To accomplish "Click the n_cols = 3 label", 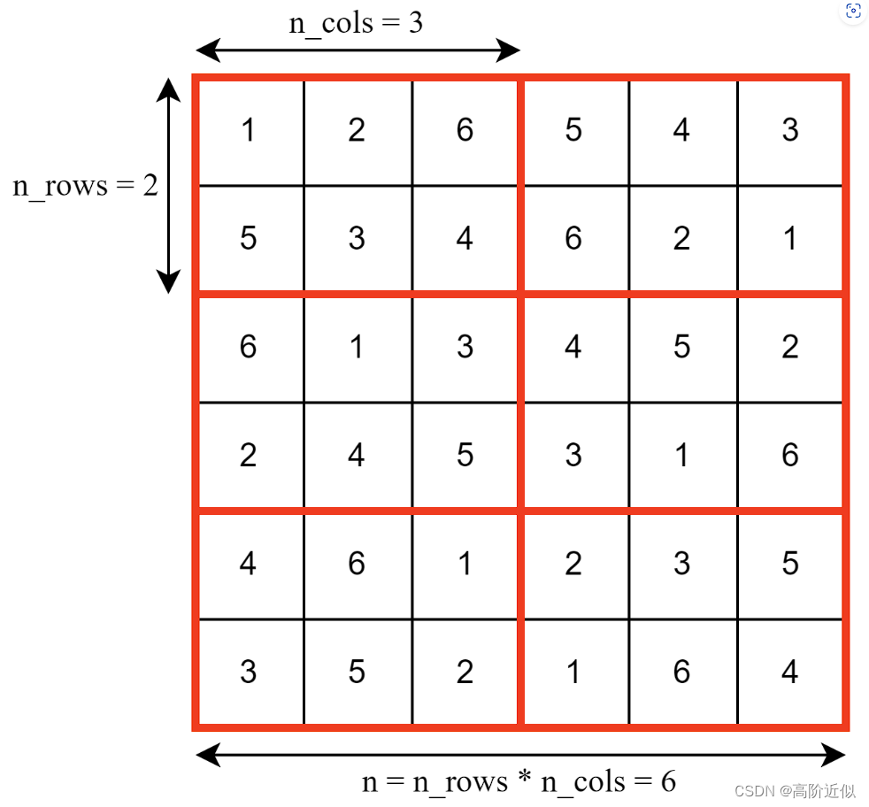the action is (356, 22).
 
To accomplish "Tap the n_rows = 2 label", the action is (85, 186).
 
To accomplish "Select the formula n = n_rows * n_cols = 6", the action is (519, 781).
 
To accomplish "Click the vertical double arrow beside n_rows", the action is (168, 185).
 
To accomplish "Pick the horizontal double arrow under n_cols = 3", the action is (357, 50).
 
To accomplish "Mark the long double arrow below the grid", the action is (520, 755).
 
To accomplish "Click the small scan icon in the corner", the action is (853, 11).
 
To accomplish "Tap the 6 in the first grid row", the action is (465, 131).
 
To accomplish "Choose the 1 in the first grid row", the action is (249, 131).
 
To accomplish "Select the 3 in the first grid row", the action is (789, 131).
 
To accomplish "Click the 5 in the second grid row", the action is (249, 239).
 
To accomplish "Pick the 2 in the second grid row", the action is (681, 239).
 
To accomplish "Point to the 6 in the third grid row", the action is (249, 347).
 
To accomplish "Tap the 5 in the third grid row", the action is (681, 347).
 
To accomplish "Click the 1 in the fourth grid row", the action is (681, 456).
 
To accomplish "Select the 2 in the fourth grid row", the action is (249, 456).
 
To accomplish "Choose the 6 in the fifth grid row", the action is (357, 564).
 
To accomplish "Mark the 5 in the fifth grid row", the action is (789, 564).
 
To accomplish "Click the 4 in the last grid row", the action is (789, 672).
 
